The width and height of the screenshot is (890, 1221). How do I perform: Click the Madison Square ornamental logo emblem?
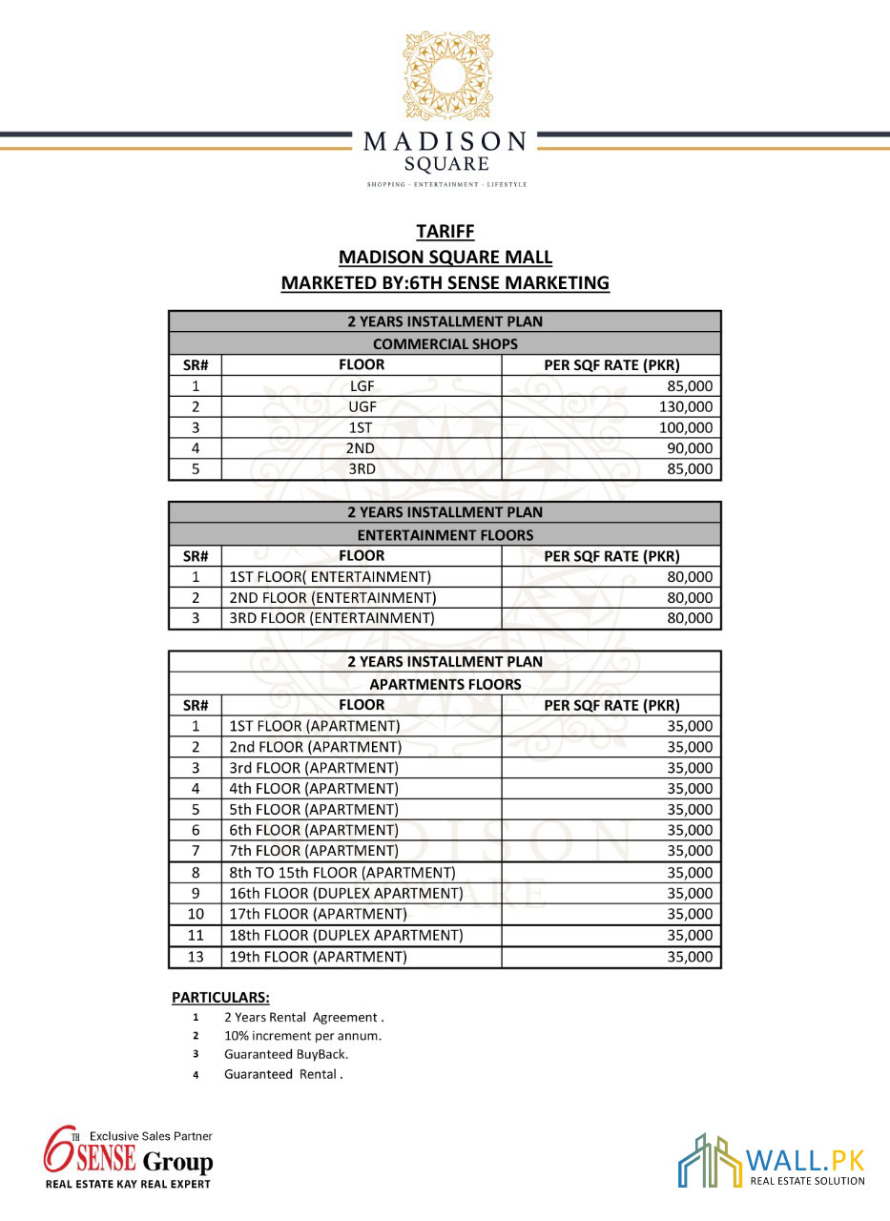[x=445, y=77]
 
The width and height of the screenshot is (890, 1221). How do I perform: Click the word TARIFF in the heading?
[x=445, y=232]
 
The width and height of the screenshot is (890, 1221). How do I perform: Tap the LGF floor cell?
[x=362, y=386]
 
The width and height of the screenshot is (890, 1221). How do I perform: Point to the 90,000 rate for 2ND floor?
[x=691, y=448]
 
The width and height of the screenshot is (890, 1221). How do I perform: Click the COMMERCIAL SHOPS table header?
[x=445, y=343]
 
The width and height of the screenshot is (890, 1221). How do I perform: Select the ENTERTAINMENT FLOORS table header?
[x=445, y=535]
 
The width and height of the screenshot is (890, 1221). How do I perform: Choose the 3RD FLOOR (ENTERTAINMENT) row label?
[x=332, y=618]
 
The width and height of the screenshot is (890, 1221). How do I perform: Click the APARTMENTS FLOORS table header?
[x=445, y=684]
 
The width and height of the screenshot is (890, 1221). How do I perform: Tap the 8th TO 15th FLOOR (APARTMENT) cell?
[x=342, y=873]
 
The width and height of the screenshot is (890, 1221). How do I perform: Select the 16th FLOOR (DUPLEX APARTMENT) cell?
[x=346, y=894]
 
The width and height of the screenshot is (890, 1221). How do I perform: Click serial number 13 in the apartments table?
[x=196, y=957]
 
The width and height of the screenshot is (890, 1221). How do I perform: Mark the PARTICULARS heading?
[x=220, y=998]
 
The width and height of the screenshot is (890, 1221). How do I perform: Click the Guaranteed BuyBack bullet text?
[x=286, y=1055]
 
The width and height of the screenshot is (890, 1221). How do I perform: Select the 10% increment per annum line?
[x=302, y=1036]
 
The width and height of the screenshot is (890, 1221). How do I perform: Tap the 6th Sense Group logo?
[x=128, y=1157]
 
